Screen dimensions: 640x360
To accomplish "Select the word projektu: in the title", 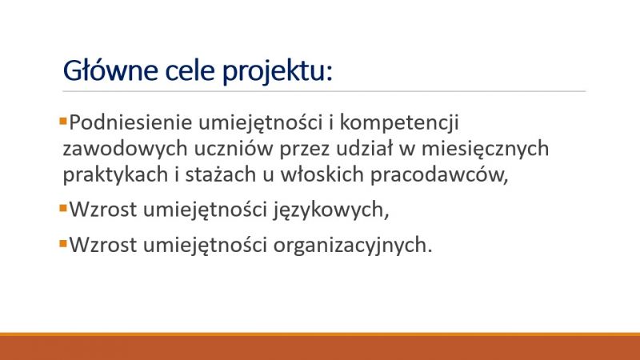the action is tap(278, 72).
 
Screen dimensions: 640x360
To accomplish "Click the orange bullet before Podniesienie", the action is tap(63, 122).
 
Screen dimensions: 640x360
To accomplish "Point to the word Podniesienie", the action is tap(130, 122).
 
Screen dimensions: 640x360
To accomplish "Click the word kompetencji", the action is tap(399, 123).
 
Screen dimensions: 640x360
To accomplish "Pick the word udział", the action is tap(364, 148).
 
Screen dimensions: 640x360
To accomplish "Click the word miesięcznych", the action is tap(486, 149).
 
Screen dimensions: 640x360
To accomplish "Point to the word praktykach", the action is tap(115, 175).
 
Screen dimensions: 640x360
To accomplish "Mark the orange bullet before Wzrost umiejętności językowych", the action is tap(63, 209).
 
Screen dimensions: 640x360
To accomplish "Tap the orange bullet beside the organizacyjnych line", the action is tap(63, 244).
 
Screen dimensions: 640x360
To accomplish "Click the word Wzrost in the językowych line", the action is tap(103, 210).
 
